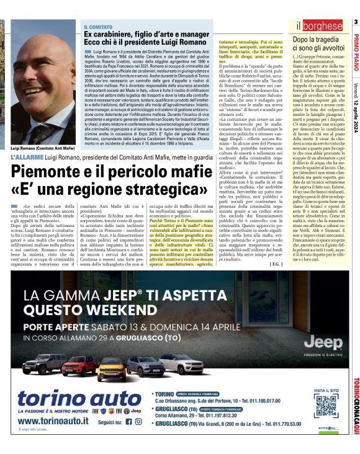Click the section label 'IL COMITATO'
click(97, 26)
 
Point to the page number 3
click(356, 23)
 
